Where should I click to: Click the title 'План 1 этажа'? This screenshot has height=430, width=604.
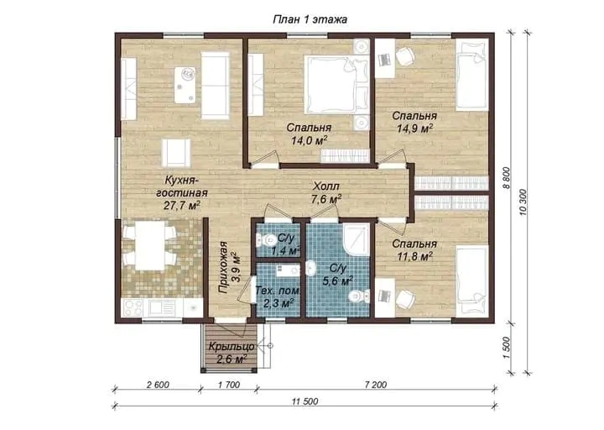click(310, 19)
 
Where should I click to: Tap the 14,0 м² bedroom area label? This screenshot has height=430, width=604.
click(309, 141)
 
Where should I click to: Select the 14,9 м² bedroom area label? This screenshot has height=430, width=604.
click(414, 128)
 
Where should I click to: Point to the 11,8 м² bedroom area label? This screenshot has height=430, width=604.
click(414, 255)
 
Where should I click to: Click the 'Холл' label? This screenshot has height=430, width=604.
click(325, 186)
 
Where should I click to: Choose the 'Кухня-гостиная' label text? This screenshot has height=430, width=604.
click(181, 186)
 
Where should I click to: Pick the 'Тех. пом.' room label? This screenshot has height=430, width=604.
click(278, 291)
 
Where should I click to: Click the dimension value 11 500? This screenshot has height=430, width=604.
click(305, 401)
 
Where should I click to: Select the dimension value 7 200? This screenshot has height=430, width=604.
click(375, 385)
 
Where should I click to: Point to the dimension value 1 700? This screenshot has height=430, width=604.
click(229, 385)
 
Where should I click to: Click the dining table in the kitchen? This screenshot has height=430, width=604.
click(150, 245)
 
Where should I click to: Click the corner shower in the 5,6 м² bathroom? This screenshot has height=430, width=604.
click(356, 240)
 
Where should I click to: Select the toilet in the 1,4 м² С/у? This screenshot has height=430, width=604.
click(264, 241)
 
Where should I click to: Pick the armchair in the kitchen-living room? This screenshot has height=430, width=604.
click(176, 153)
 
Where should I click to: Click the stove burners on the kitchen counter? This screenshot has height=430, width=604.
click(133, 307)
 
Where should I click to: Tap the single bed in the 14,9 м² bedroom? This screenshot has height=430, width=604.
click(472, 76)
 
